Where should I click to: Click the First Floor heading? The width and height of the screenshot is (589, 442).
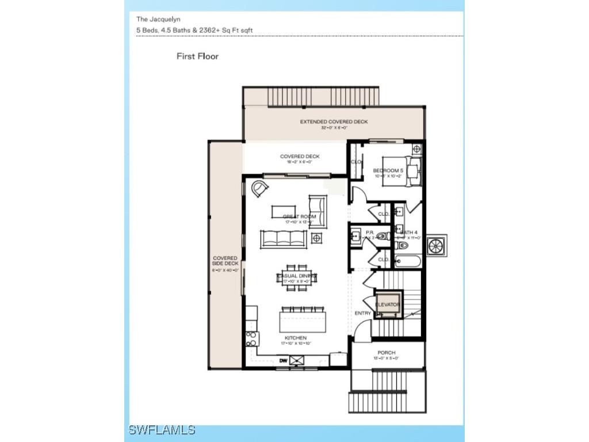pos(197,56)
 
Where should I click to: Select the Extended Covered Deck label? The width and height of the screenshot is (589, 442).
pos(334,122)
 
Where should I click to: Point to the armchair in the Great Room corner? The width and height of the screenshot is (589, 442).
pos(259,188)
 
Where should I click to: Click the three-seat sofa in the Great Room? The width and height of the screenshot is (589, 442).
pos(284,238)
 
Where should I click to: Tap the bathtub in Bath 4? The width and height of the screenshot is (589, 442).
pos(408,261)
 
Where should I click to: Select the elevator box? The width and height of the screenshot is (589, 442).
pos(388,305)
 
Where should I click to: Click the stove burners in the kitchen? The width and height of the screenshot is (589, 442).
pos(251,340)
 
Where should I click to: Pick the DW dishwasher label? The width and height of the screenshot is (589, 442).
pos(283,361)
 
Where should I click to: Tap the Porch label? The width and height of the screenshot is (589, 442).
pos(387,353)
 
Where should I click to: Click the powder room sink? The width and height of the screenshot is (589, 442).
pos(356,235)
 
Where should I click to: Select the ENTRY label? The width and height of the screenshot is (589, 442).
pos(362,313)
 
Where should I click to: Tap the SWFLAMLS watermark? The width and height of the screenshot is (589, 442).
pos(162,430)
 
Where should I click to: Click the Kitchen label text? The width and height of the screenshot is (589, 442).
pos(296,338)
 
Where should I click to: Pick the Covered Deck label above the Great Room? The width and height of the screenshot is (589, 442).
pos(300,157)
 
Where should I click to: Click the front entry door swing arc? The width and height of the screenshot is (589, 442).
pos(361,332)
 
